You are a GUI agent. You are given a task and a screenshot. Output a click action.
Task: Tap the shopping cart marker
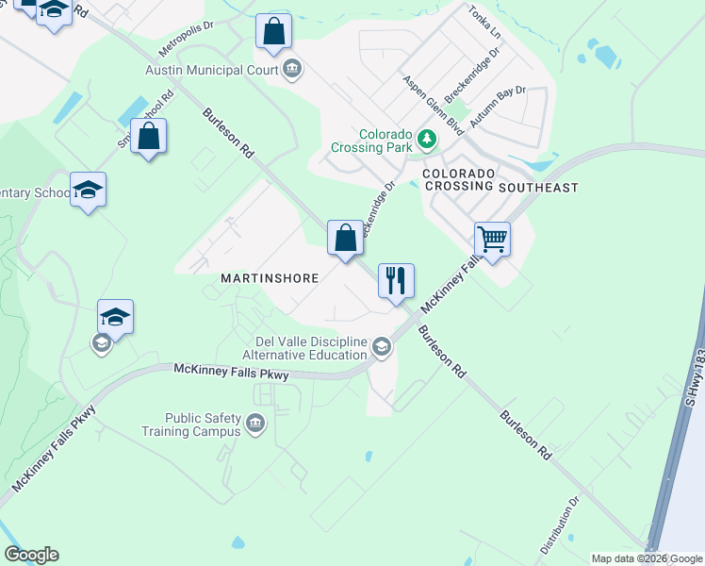click(492, 239)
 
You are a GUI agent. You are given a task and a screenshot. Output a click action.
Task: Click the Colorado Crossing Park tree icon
click(428, 140)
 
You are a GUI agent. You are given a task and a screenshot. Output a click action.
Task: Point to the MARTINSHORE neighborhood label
click(270, 278)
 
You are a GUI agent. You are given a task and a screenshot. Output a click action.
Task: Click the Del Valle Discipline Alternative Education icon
click(381, 347)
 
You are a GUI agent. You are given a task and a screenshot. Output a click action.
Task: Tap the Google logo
click(31, 555)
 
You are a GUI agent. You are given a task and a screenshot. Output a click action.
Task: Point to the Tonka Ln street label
click(484, 21)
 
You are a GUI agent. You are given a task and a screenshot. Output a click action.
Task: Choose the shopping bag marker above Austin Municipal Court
click(273, 31)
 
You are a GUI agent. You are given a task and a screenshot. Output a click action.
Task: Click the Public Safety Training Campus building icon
click(254, 424)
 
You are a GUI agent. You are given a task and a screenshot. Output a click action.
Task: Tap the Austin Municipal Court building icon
click(292, 69)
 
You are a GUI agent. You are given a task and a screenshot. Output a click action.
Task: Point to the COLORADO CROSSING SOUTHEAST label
click(500, 181)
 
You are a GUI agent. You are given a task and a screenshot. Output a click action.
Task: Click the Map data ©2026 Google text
click(647, 558)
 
